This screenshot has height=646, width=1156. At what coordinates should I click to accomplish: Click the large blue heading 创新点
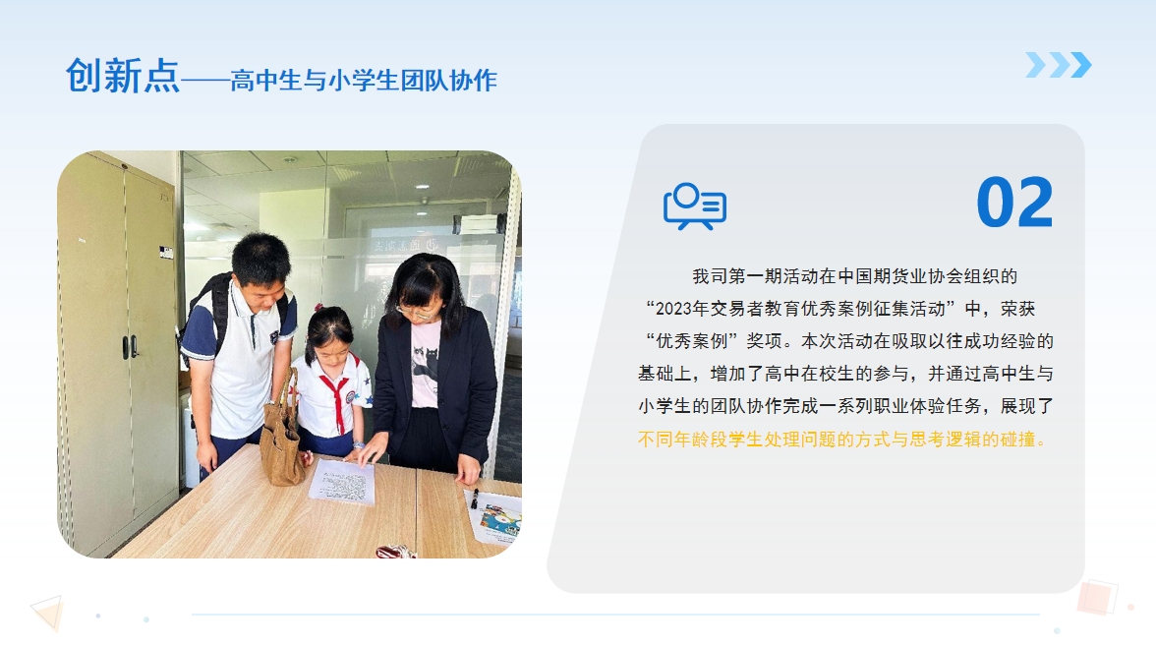pyautogui.click(x=122, y=76)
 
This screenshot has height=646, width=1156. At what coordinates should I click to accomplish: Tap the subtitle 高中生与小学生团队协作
pyautogui.click(x=364, y=81)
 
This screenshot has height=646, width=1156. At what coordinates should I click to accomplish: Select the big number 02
pyautogui.click(x=1014, y=203)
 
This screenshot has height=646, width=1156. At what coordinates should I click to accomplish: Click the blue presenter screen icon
pyautogui.click(x=694, y=206)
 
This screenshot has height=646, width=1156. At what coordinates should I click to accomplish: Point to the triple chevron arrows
pyautogui.click(x=1059, y=65)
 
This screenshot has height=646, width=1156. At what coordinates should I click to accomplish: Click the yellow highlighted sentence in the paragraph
pyautogui.click(x=841, y=440)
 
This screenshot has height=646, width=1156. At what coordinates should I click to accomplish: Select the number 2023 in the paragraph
pyautogui.click(x=672, y=309)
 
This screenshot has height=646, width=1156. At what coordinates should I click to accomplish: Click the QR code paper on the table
pyautogui.click(x=342, y=483)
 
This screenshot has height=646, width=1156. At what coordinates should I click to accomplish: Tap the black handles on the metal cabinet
pyautogui.click(x=130, y=346)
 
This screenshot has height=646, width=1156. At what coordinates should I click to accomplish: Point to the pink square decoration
pyautogui.click(x=1097, y=597)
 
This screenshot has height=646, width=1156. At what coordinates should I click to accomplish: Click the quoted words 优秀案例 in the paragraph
pyautogui.click(x=692, y=341)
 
